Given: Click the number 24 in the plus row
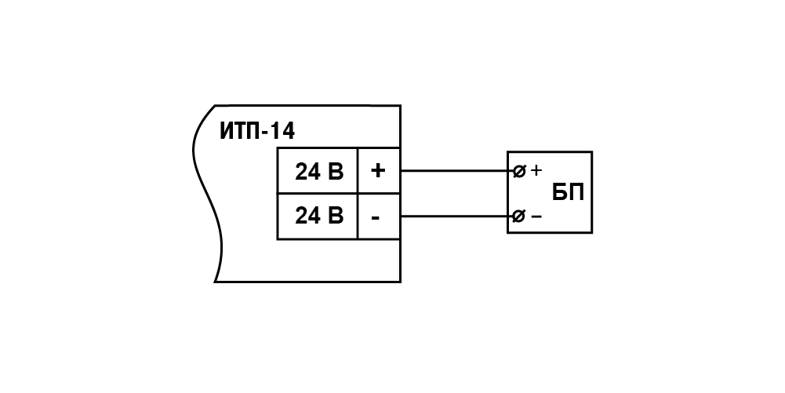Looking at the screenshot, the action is coord(307,171).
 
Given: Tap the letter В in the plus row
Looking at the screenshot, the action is coord(336,171).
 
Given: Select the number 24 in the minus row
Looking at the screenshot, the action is coord(307,215).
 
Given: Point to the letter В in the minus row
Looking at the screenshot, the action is coord(336,215).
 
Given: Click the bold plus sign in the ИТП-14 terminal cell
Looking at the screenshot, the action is coord(378,171).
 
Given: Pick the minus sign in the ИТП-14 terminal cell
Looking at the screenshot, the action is coord(376,218).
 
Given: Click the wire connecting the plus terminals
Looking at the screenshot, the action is coord(457,171).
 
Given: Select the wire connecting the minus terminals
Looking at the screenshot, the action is coord(457,217).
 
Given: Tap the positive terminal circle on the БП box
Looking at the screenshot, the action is coord(520,171).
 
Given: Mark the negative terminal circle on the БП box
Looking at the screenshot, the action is coord(519,217).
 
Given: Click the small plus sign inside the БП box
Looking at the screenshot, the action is coord(536,171).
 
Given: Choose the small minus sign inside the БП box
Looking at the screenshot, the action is coord(536,217).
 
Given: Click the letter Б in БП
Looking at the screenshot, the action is coord(560,192).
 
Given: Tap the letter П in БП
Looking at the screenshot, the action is coord(576,192).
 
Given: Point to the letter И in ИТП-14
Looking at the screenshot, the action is coord(227,131).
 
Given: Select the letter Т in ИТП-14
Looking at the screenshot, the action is coord(242,131).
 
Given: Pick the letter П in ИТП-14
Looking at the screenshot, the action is coord(256,131).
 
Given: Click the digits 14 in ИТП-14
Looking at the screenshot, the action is coord(284,131).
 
